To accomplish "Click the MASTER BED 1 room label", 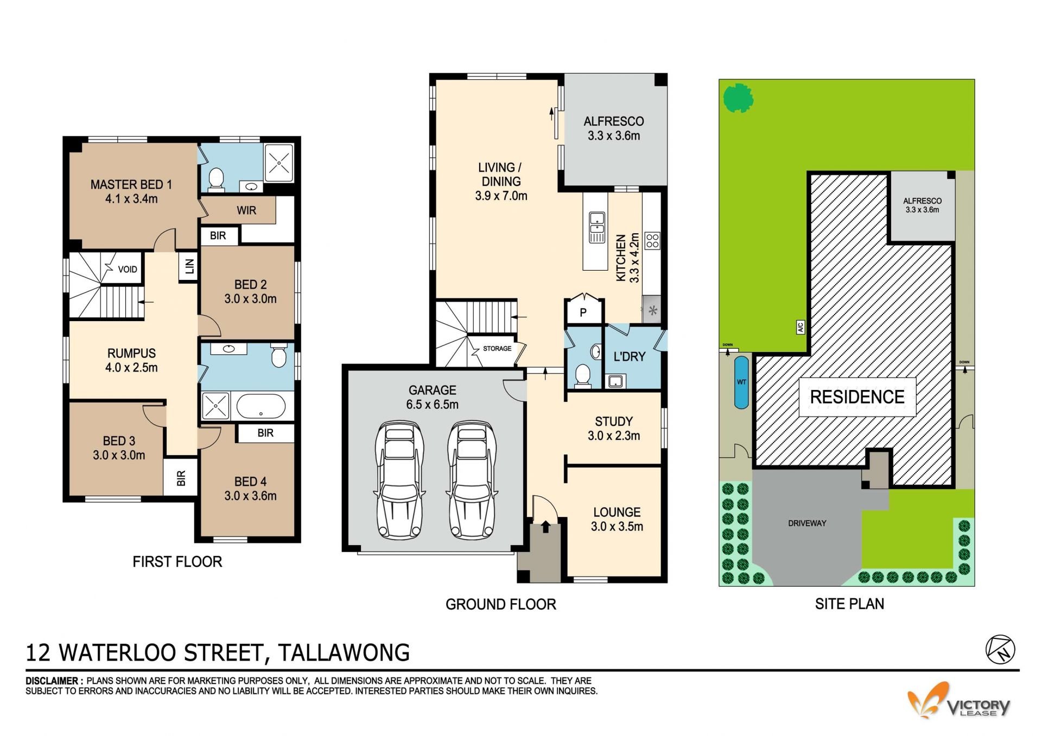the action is [x=131, y=191].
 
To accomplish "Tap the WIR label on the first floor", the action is [x=246, y=210].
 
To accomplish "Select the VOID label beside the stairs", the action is [x=128, y=269].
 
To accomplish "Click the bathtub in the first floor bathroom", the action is [x=261, y=406].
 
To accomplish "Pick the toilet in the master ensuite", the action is [x=216, y=179].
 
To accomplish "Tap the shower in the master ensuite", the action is [x=279, y=162].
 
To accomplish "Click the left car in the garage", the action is [x=400, y=480].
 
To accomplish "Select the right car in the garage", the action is [x=472, y=480].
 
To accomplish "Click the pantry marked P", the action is [x=583, y=312].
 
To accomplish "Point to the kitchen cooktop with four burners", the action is [x=652, y=241].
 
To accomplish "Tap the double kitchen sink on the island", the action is [x=597, y=227].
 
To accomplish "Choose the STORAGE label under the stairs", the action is [x=497, y=349].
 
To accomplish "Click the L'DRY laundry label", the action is [x=630, y=357].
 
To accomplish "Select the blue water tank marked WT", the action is [x=741, y=382].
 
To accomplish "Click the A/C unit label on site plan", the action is [x=800, y=327].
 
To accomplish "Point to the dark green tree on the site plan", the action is [x=739, y=98].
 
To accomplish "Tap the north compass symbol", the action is [x=1000, y=649].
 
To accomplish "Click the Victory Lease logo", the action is [x=958, y=701].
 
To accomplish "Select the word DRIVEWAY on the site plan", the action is [x=807, y=523].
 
